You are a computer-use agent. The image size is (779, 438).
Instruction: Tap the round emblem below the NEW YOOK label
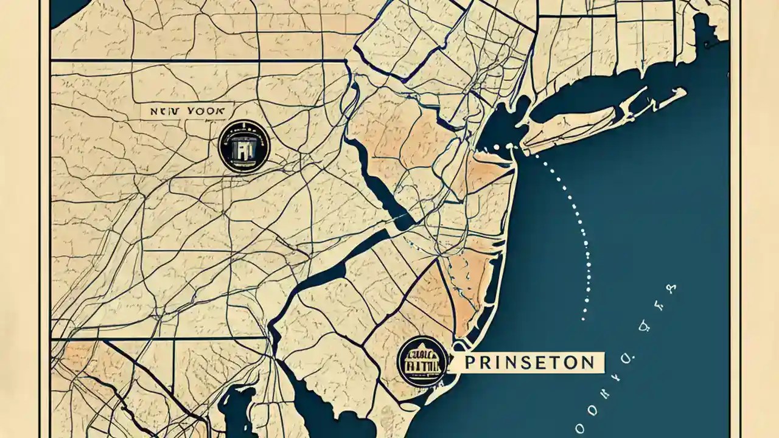pos(244,147)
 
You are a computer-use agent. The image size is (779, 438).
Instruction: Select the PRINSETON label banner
pos(528,363)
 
